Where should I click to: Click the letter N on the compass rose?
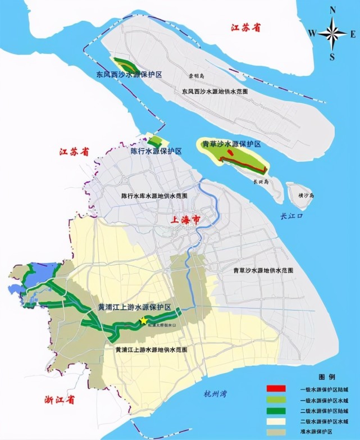[332, 10]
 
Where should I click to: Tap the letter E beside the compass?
[353, 34]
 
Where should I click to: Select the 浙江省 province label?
[60, 400]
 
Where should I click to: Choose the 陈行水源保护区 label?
[156, 151]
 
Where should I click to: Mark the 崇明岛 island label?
[197, 75]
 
